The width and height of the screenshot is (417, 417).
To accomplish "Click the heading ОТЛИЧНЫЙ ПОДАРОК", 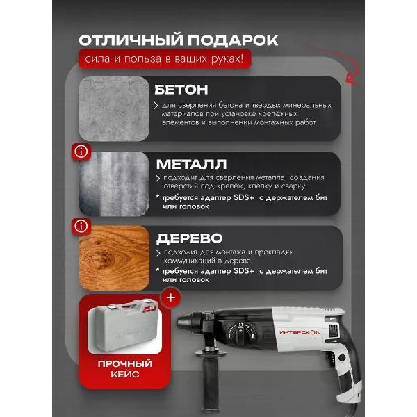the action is [178, 40].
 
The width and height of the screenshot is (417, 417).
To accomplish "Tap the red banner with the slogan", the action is [165, 59].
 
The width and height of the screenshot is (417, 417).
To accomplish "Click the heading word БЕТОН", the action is [181, 90].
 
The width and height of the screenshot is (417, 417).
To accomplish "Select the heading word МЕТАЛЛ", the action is [192, 164].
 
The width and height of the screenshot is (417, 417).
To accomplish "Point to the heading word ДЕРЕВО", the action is [189, 238].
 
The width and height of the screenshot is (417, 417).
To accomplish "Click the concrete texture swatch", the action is [114, 109].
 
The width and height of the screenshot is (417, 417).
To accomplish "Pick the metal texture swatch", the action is [114, 183].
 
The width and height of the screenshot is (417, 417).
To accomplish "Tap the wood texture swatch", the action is [114, 258].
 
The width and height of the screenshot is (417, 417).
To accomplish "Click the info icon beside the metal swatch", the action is [81, 152].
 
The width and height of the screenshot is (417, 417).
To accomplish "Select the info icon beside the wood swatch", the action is [81, 227].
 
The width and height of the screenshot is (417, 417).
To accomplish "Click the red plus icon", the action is [171, 297].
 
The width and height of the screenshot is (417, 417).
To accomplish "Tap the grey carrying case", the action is [124, 327].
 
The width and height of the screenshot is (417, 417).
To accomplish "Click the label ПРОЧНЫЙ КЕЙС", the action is [124, 368].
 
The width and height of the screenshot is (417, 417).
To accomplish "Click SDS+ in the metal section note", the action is [244, 198].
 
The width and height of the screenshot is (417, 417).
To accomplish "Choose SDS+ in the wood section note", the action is [244, 271].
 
